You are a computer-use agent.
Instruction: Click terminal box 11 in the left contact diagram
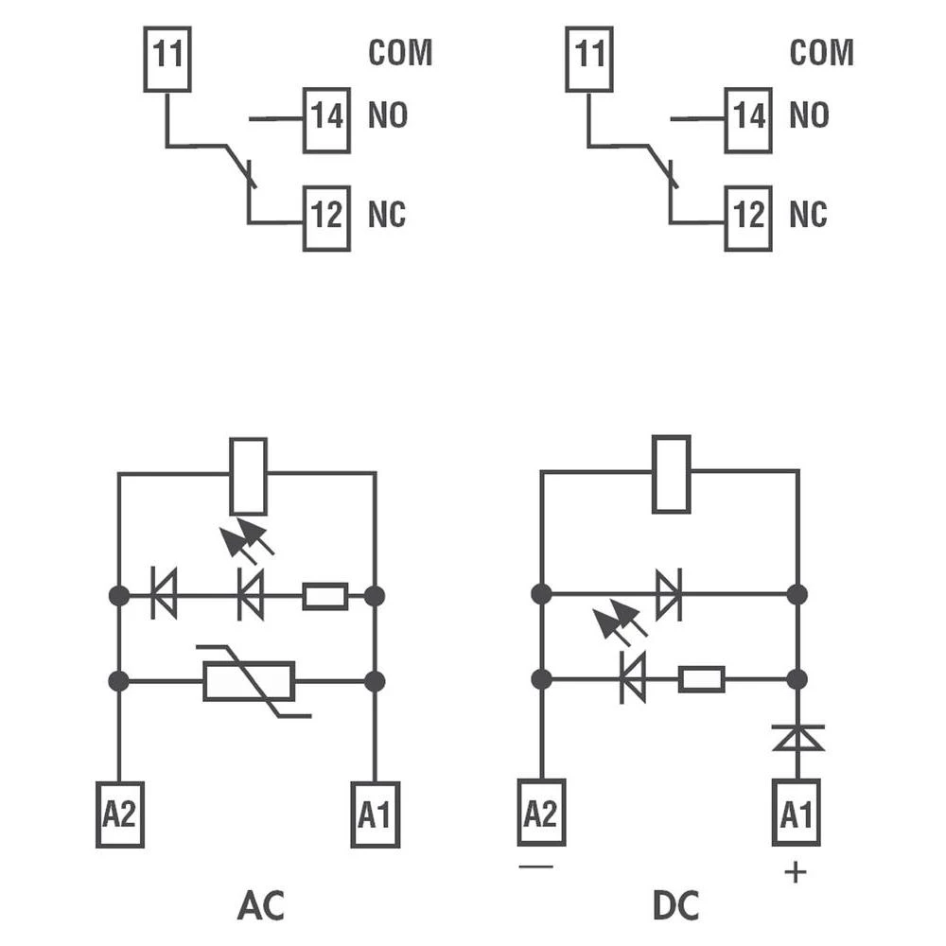167,60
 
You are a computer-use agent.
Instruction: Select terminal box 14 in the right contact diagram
748,120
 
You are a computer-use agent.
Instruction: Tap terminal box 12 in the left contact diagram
326,219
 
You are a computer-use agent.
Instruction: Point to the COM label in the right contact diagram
821,53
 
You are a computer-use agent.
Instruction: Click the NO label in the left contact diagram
388,116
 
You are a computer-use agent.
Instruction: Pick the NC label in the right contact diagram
808,216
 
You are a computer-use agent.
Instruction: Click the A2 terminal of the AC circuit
120,815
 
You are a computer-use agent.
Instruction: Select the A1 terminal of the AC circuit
376,815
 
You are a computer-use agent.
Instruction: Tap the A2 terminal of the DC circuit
541,812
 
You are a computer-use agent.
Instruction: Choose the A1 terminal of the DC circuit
797,812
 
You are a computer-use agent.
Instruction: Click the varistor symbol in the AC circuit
250,681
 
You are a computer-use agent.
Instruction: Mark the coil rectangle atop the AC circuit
249,476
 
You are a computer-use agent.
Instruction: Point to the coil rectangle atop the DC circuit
671,474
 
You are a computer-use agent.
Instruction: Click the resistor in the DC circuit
702,679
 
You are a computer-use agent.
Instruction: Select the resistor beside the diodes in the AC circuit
324,596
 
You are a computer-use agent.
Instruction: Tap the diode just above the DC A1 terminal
797,737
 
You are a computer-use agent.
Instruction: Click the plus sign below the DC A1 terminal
797,871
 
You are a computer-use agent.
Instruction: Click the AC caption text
260,905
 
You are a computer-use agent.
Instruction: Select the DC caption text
675,905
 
